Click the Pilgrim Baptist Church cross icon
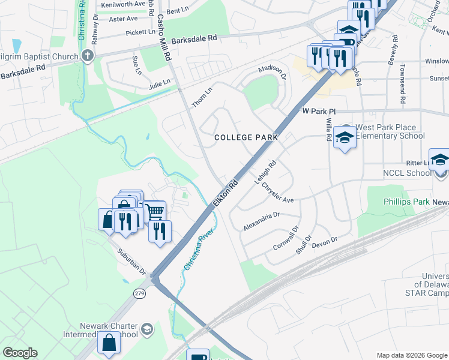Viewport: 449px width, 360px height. coord(88,57)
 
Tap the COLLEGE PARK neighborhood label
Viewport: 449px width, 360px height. coord(246,137)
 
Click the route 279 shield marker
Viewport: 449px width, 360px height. coord(140,293)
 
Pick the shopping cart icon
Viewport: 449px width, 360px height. coord(155,211)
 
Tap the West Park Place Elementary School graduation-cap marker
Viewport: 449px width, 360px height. coord(345,137)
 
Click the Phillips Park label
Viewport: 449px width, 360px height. coord(406,202)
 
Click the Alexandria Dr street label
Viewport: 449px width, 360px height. coord(262,221)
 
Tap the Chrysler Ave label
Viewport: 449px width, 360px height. coord(277,192)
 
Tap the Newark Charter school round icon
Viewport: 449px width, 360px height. coord(147,330)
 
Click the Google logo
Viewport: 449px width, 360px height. coord(20,353)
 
